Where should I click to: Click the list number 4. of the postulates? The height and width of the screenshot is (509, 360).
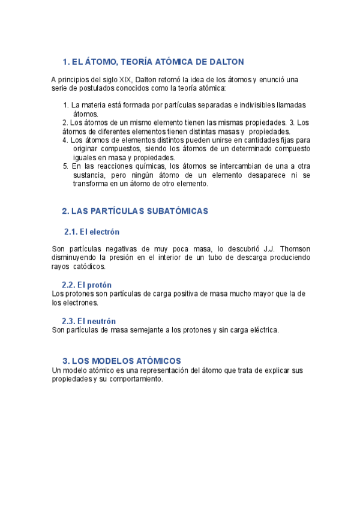coord(65,140)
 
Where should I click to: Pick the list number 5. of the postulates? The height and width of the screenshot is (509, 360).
coord(65,166)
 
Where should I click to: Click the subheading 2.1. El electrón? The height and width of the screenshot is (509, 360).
coord(92,232)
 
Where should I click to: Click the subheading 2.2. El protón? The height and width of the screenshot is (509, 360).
coord(86,285)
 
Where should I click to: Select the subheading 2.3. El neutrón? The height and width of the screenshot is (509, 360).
coord(89,321)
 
